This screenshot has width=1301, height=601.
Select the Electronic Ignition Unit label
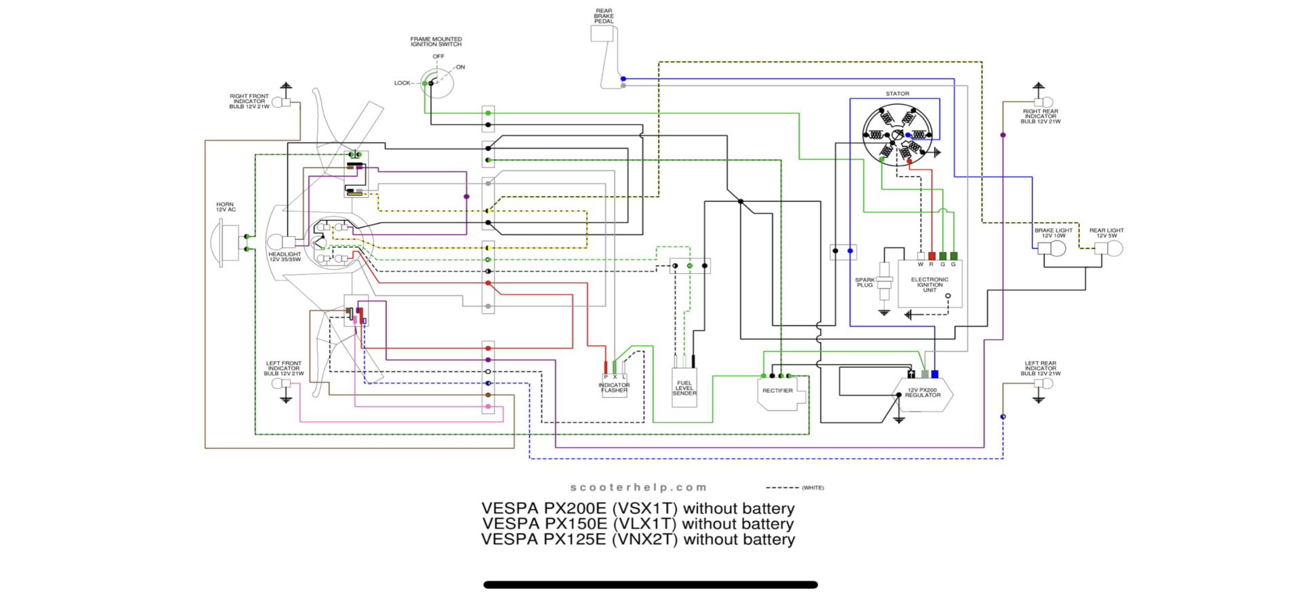tap(930, 285)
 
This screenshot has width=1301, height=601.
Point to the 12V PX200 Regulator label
tap(922, 392)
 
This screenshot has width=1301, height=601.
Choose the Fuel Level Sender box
tap(684, 388)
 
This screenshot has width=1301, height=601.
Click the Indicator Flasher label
tap(614, 388)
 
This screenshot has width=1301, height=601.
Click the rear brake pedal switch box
tap(602, 33)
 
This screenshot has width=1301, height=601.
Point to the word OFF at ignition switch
tap(438, 57)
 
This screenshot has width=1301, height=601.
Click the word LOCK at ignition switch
tap(402, 83)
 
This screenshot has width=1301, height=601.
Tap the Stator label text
tap(897, 94)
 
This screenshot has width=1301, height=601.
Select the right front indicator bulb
tap(280, 102)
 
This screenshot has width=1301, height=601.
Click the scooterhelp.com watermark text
tap(638, 487)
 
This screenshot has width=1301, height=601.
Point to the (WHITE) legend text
tap(812, 488)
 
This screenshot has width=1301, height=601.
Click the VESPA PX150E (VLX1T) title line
tap(638, 524)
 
